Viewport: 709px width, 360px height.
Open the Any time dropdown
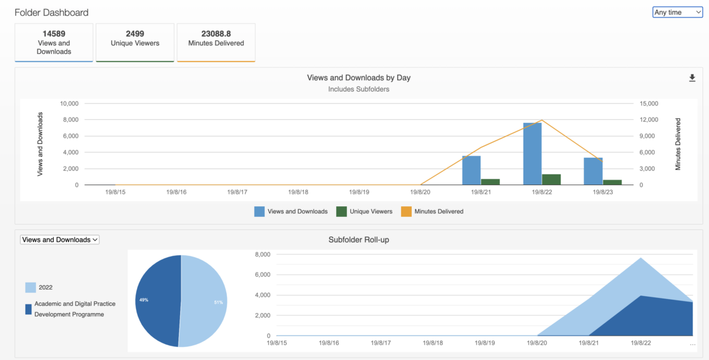[677, 12]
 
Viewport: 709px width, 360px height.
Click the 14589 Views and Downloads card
[54, 43]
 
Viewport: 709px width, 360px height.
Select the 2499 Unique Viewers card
[135, 43]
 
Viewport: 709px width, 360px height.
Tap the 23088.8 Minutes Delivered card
[216, 43]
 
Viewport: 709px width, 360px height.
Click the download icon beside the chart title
[692, 78]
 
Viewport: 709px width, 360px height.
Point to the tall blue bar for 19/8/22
[532, 154]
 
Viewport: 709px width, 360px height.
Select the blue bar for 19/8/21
[471, 170]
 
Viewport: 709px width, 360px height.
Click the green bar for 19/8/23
[613, 183]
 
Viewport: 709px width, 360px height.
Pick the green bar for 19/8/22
[551, 180]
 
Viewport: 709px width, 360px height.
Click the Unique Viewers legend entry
[365, 212]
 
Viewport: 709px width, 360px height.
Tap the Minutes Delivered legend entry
[432, 212]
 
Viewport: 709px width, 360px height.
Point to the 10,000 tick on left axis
[69, 103]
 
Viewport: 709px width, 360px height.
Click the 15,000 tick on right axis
[649, 103]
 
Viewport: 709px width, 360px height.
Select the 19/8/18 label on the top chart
[298, 192]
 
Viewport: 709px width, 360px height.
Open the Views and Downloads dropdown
[60, 239]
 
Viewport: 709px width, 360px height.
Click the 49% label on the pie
[144, 300]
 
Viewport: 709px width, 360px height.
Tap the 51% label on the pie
[219, 303]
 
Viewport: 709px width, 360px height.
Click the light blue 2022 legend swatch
[30, 287]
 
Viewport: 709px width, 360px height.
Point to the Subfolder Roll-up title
[359, 239]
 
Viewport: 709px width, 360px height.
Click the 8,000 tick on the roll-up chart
[263, 255]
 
